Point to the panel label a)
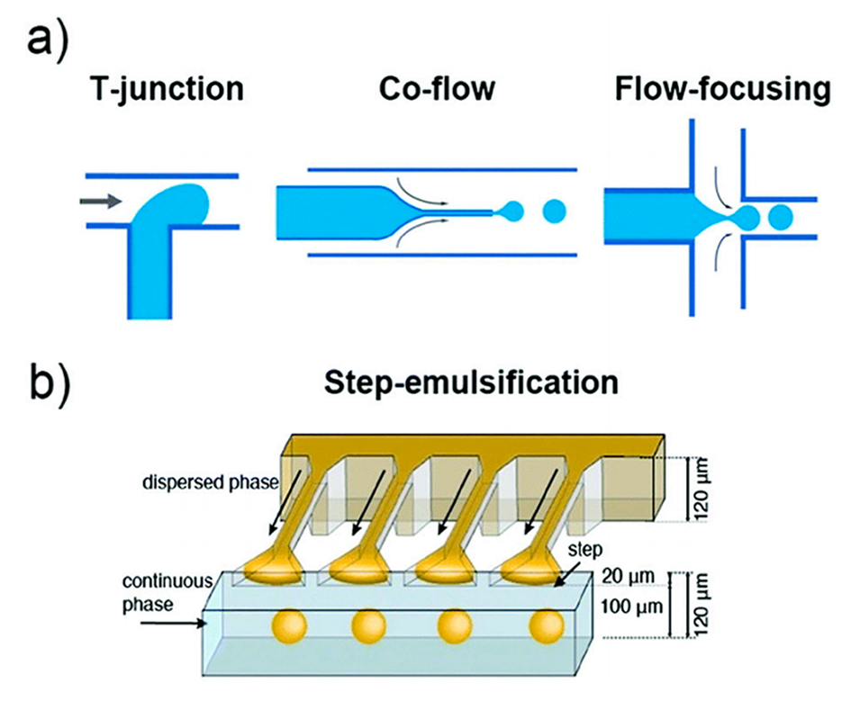pos(53,40)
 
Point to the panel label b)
pos(55,380)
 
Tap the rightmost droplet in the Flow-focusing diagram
pos(780,217)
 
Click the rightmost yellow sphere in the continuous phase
pos(545,625)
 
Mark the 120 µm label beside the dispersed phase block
pos(702,484)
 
